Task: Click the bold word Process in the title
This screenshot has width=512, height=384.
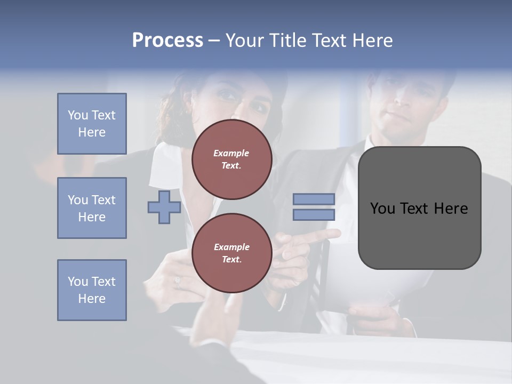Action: pos(167,41)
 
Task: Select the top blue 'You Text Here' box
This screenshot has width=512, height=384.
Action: pos(92,124)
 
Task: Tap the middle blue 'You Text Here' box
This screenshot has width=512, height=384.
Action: pos(92,208)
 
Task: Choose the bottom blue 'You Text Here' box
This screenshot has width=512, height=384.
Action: pos(92,290)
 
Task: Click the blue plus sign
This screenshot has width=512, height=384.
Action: pos(164,207)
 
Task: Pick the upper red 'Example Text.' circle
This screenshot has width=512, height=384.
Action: pos(232,159)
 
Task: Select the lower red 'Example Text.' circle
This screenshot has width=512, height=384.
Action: pos(232,253)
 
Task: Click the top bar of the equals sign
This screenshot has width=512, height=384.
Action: pos(314,199)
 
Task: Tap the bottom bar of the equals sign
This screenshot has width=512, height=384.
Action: pos(314,215)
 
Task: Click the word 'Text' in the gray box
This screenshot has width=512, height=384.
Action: pos(415,209)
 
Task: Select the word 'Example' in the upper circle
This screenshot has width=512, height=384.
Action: pos(231,153)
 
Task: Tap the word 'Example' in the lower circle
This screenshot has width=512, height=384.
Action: pos(231,247)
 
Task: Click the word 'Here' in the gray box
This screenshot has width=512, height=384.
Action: pos(451,209)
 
